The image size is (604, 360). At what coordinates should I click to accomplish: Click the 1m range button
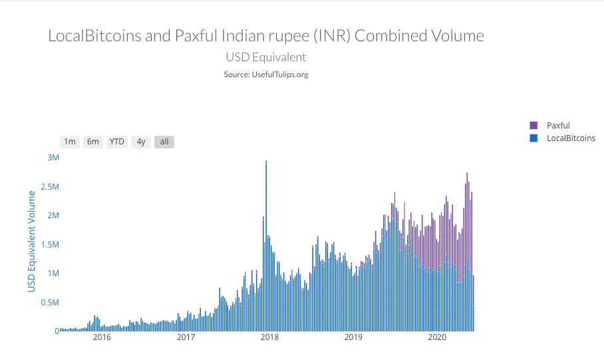(x=69, y=142)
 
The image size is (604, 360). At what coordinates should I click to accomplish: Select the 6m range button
(x=93, y=142)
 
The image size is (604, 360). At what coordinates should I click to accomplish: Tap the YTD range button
(x=117, y=142)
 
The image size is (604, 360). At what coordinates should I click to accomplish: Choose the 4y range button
(x=140, y=142)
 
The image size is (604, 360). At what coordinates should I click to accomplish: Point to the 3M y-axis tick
(x=53, y=158)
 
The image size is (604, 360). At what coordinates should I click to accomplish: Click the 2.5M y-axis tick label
(x=49, y=187)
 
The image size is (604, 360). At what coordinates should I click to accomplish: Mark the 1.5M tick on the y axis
(x=49, y=245)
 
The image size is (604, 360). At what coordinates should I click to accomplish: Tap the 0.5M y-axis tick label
(x=49, y=303)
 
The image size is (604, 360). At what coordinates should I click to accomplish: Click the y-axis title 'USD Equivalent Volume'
(x=31, y=241)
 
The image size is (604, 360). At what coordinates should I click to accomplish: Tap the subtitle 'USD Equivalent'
(x=266, y=57)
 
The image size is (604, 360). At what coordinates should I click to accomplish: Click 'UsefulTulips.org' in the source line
(x=279, y=75)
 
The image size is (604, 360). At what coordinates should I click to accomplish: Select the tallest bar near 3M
(x=266, y=246)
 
